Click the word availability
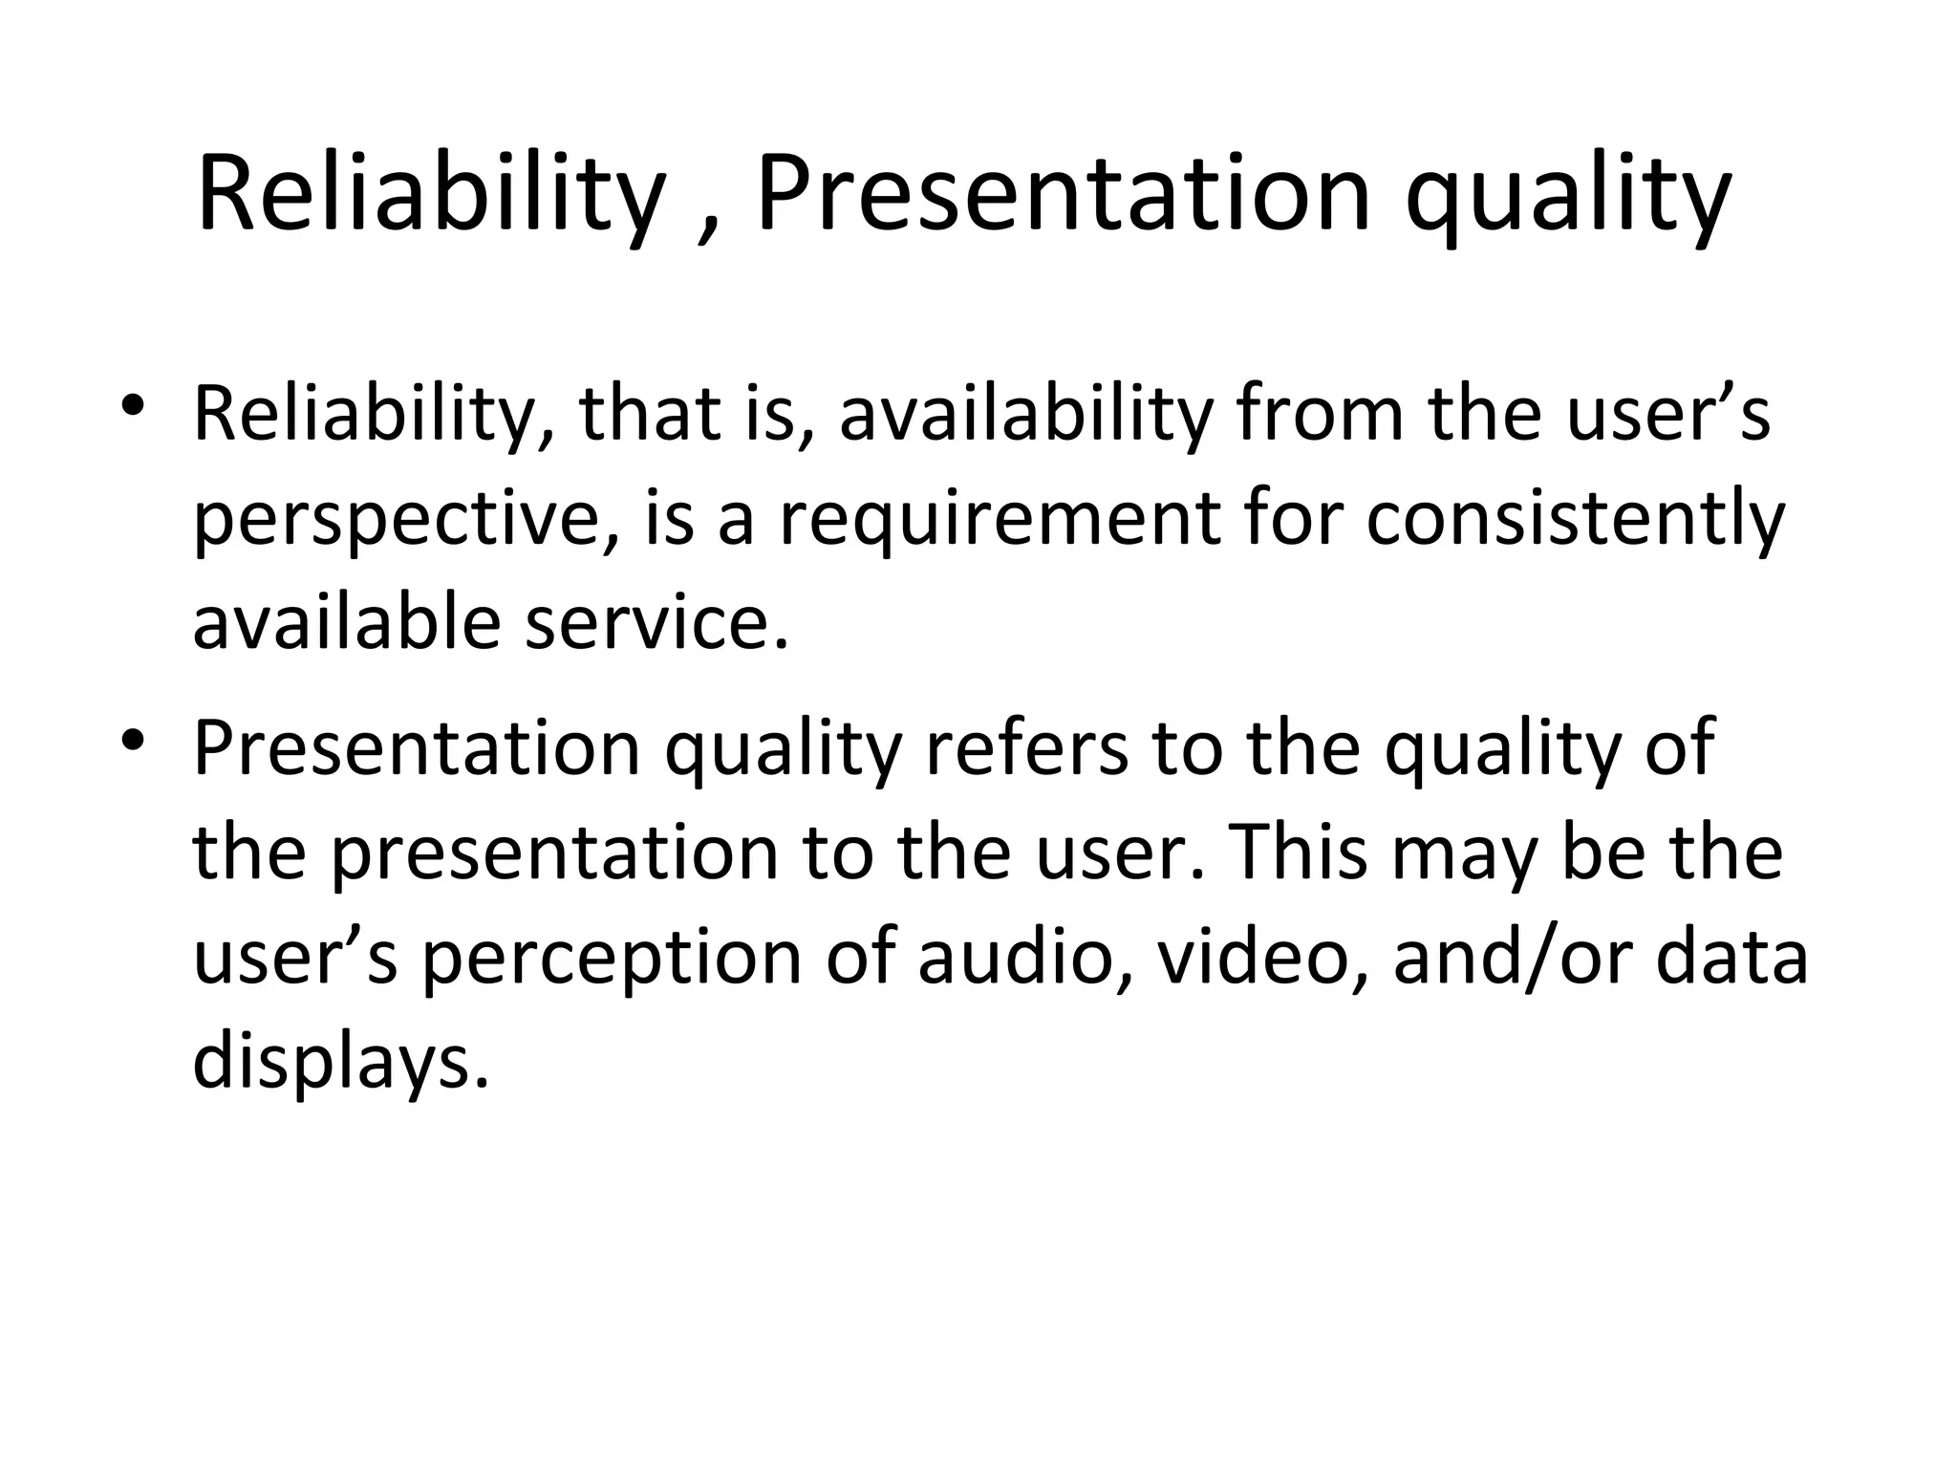coord(1025,415)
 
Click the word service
coord(657,622)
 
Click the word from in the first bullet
coord(1320,415)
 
